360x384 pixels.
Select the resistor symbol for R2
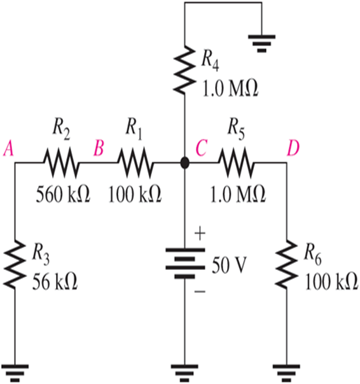pos(61,164)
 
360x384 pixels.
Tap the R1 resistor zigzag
pos(135,164)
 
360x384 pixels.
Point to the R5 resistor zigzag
pos(237,164)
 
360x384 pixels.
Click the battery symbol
pos(184,262)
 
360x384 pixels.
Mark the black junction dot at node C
pos(184,164)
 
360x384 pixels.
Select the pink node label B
pos(99,149)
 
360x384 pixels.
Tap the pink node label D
pos(293,149)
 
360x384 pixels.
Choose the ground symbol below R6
pos(286,370)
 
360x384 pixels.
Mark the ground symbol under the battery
pos(184,370)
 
